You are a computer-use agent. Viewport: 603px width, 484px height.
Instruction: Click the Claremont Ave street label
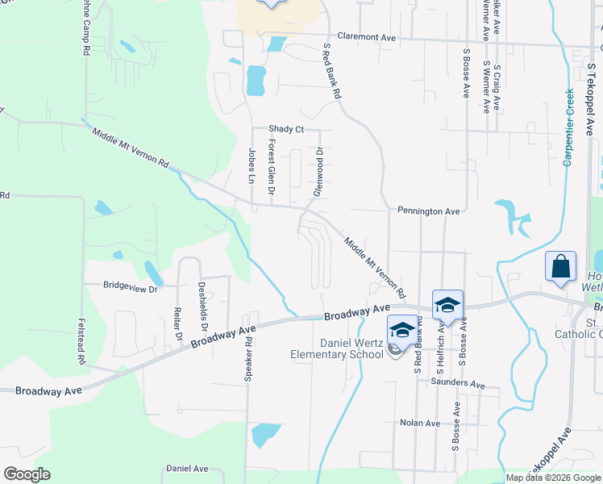click(367, 37)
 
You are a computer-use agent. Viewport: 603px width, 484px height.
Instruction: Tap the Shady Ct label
click(286, 129)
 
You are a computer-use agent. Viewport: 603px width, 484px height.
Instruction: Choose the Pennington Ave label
click(428, 211)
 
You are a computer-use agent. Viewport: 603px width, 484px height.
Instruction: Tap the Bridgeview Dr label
click(130, 286)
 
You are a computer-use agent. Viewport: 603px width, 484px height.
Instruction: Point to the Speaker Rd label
click(249, 359)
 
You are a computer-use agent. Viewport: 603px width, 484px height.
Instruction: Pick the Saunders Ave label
click(458, 384)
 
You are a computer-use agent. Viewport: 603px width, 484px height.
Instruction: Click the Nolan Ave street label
click(420, 423)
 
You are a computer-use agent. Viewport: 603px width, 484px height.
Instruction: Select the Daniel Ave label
click(187, 469)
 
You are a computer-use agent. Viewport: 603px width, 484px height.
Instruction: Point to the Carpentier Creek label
click(568, 127)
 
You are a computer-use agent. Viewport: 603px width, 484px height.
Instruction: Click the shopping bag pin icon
click(561, 266)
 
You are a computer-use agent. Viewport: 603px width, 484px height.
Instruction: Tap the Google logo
click(27, 474)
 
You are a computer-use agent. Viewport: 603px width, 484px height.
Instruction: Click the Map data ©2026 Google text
click(553, 478)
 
